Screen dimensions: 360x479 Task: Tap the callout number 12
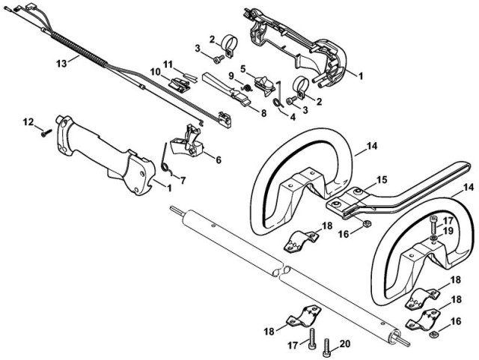(x=28, y=121)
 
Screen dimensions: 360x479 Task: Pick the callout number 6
(x=218, y=159)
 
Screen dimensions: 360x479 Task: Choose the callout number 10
(x=154, y=72)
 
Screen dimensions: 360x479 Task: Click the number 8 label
(x=263, y=113)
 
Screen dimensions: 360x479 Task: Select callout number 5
(x=263, y=68)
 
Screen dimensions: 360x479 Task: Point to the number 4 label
(x=293, y=117)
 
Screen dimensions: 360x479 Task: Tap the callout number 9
(x=231, y=76)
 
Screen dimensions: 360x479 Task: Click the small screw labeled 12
(x=46, y=132)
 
